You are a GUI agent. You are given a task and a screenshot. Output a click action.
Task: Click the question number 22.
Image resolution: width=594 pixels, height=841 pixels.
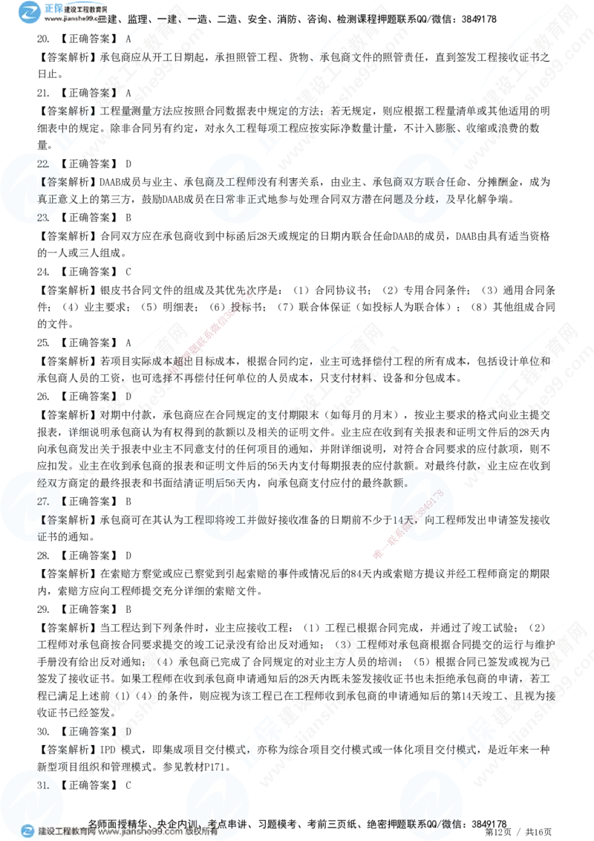pyautogui.click(x=43, y=163)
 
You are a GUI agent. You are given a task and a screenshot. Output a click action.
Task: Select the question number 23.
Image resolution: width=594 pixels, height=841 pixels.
pyautogui.click(x=43, y=217)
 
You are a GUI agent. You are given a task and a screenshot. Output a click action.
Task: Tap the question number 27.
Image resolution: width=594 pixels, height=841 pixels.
pyautogui.click(x=43, y=501)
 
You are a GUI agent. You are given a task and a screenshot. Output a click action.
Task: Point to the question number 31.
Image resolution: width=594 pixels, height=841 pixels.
pyautogui.click(x=43, y=785)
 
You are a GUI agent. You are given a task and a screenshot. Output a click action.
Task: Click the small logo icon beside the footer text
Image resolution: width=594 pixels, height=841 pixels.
pyautogui.click(x=27, y=831)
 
